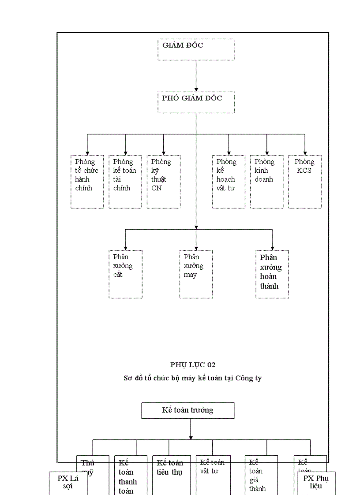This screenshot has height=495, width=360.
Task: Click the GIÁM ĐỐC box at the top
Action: pos(196,49)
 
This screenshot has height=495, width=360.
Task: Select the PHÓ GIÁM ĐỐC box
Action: pos(196,102)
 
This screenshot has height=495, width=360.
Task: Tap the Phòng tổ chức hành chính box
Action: pos(87,181)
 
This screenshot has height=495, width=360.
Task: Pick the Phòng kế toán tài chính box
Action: pos(125,181)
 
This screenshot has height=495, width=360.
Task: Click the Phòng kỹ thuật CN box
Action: pos(164,181)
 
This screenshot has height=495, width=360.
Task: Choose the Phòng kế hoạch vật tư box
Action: pos(229,181)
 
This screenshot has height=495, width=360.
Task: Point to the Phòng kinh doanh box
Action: pos(266,181)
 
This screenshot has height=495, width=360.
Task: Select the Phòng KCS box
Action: pos(305,181)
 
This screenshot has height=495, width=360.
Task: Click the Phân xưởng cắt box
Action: pos(125,274)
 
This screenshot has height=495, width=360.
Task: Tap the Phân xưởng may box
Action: pos(196,274)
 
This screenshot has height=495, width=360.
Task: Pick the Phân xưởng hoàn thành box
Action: pos(272,274)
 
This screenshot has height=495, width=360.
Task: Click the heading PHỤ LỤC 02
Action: pos(193,365)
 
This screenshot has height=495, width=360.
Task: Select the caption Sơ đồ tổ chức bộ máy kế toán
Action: pos(192,378)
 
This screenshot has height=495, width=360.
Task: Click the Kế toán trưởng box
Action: pos(187,410)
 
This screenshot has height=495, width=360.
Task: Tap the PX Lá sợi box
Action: pos(67,483)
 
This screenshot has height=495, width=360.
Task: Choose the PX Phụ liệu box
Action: pos(316,483)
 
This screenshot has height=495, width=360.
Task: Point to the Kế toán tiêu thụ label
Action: pos(170,467)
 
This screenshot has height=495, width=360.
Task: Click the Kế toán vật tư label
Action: pos(212,466)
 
